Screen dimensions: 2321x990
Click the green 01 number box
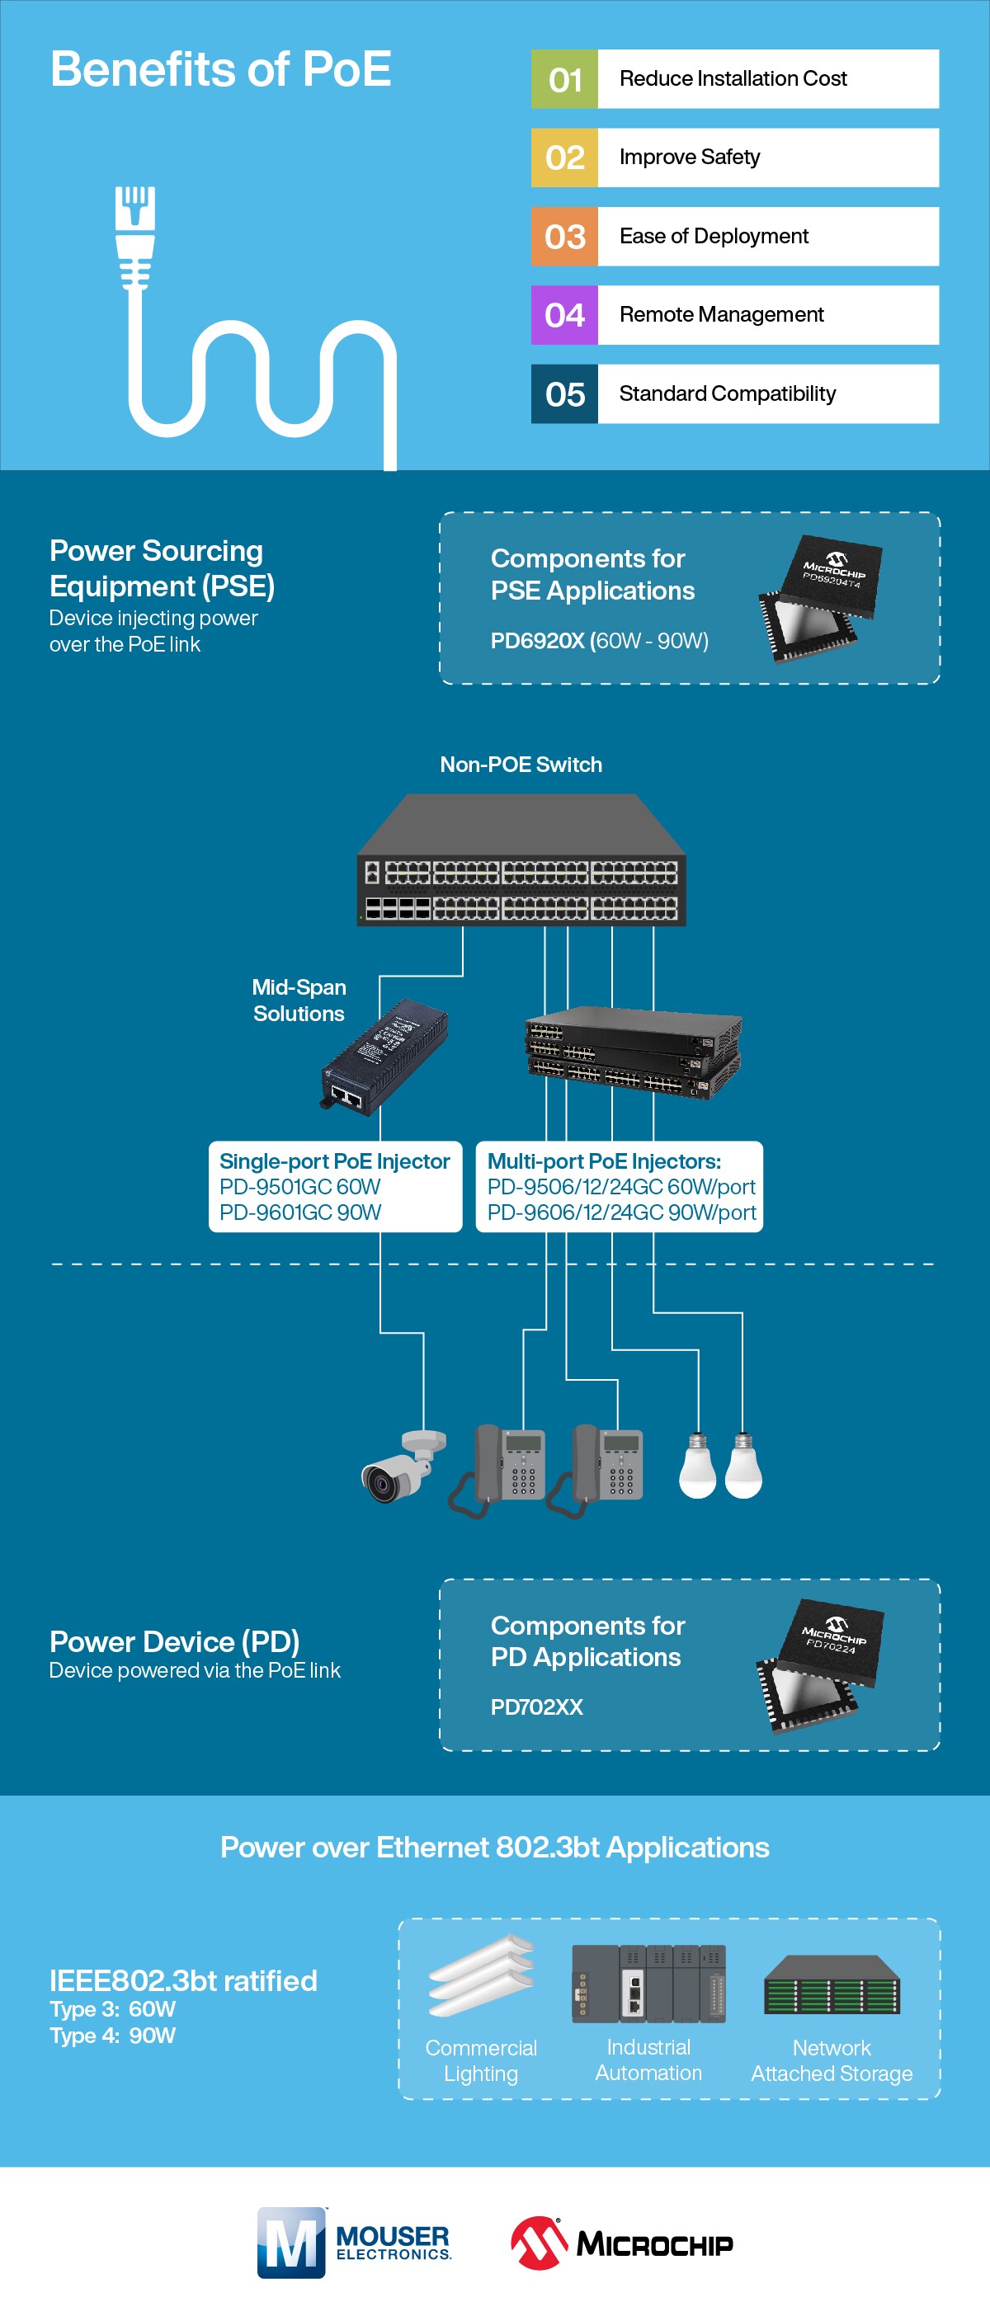coord(564,79)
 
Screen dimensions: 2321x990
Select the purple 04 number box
coord(564,315)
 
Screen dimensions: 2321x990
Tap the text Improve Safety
coord(689,158)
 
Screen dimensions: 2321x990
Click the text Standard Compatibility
coord(727,393)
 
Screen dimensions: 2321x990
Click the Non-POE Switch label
coord(521,765)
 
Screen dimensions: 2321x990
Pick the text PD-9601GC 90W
coord(300,1212)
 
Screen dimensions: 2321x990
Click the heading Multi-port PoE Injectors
coord(604,1161)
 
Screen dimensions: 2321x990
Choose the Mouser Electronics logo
coord(353,2243)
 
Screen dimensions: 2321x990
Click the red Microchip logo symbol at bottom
coord(538,2243)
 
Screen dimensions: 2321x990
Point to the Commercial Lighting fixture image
coord(482,1975)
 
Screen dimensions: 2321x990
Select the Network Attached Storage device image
coord(831,1986)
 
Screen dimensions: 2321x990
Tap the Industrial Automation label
coord(648,2060)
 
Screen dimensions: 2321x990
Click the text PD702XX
coord(537,1707)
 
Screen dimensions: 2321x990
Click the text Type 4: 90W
coord(112,2036)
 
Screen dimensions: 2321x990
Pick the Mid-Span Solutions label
coord(299,1000)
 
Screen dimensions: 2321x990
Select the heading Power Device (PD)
coord(174,1641)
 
